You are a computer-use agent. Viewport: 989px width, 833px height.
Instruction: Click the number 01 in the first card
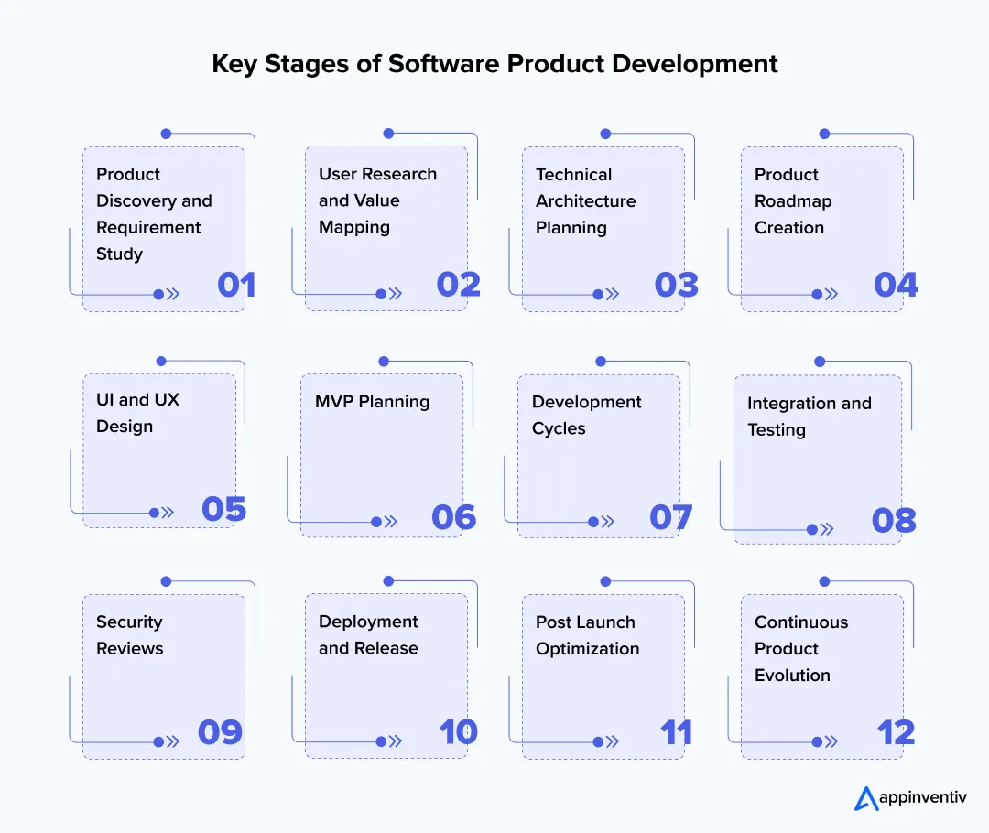236,285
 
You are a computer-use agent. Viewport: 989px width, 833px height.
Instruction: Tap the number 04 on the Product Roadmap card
896,285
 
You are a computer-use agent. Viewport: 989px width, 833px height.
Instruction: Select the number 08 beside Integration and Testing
894,521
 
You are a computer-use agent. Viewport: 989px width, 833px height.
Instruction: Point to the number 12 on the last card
896,732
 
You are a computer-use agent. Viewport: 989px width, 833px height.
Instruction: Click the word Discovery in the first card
154,200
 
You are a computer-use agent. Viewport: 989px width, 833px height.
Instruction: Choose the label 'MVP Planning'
372,401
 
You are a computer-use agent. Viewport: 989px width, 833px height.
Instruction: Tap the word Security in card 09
129,622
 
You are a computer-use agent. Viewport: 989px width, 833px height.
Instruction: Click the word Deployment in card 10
368,622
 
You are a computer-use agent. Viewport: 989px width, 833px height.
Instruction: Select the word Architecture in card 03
585,200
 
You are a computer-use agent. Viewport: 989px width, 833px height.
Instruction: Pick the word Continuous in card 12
801,622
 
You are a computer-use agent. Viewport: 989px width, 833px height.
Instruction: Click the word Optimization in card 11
587,648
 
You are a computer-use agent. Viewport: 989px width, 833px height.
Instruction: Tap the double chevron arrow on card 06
391,522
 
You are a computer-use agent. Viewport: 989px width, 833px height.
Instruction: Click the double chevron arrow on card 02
396,294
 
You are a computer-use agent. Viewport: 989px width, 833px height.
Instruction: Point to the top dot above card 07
601,362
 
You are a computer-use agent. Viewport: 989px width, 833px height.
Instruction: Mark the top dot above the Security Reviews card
166,581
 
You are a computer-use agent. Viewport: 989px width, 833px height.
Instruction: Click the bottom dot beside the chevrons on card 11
598,742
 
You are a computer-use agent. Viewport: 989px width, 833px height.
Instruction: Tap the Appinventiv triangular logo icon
865,798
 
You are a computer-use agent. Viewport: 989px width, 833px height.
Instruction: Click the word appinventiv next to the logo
922,798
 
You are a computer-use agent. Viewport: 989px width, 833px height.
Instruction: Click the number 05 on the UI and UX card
224,509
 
